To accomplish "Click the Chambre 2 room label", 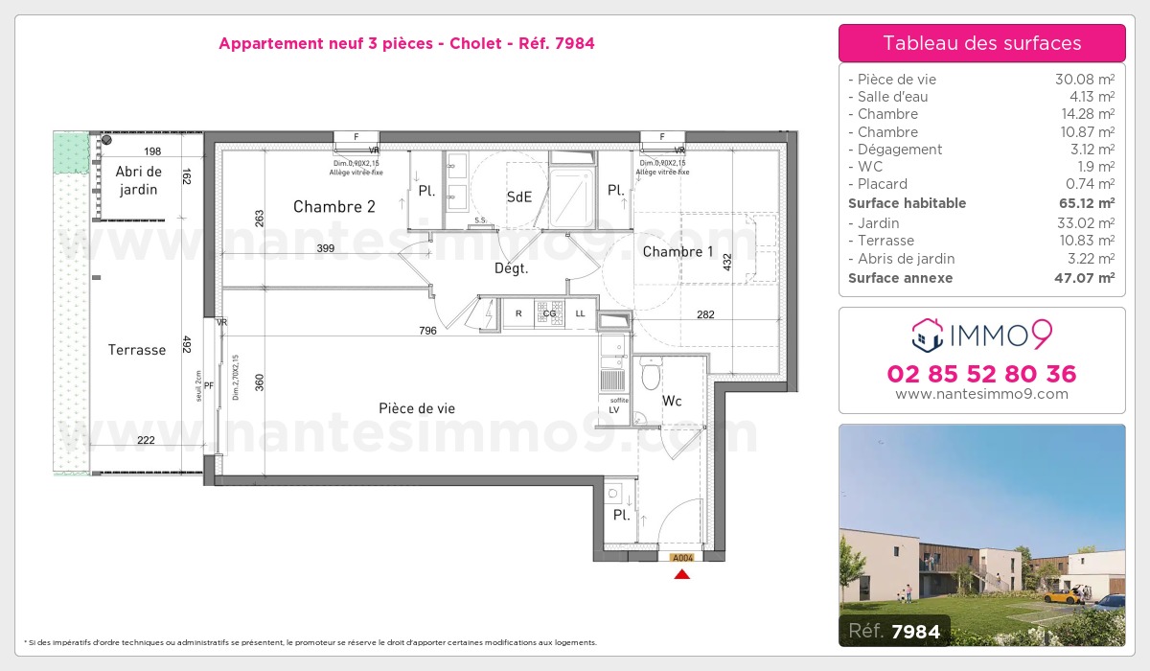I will click(333, 206).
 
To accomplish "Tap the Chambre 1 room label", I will click(678, 252).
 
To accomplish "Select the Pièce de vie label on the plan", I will click(416, 408).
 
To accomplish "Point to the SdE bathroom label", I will click(518, 197).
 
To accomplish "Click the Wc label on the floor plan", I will click(672, 401).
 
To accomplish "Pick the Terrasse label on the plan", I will click(137, 350).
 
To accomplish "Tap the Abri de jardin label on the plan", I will click(139, 180).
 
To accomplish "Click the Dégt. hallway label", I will click(512, 268).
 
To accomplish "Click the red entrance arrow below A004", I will click(681, 574).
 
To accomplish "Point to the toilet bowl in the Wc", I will click(652, 370).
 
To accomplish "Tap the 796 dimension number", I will click(427, 331).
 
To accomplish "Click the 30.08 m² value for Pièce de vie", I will click(1084, 80).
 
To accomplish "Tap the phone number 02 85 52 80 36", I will click(981, 374).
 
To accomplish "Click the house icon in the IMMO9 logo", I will click(927, 335).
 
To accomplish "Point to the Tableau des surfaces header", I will click(981, 43).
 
